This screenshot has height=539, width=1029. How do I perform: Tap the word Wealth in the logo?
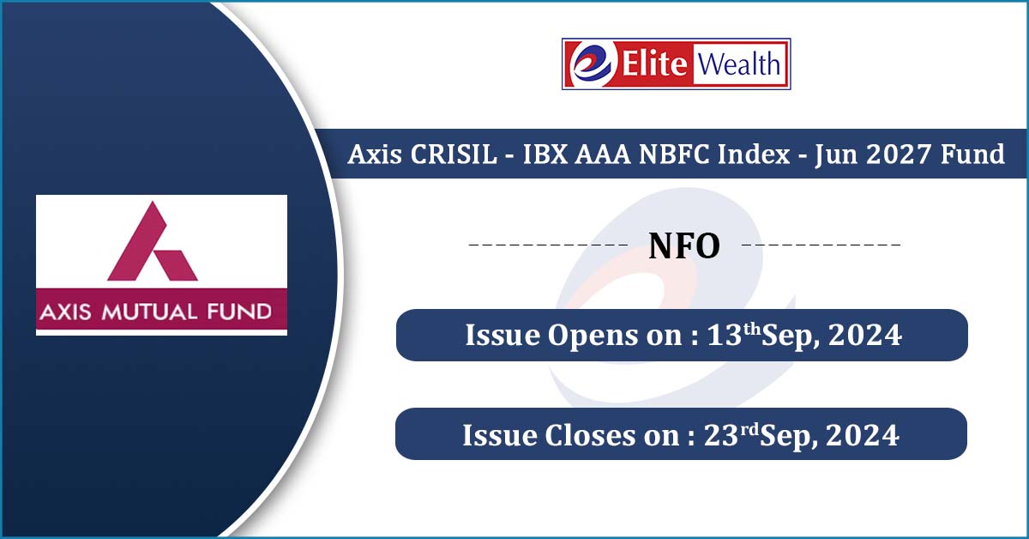(x=738, y=64)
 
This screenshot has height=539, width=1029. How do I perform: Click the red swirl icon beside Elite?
(x=593, y=64)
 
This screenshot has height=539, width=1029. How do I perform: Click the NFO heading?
(x=683, y=246)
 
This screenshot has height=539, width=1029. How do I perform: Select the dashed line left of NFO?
(x=547, y=245)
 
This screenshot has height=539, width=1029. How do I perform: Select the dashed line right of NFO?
(x=821, y=245)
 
